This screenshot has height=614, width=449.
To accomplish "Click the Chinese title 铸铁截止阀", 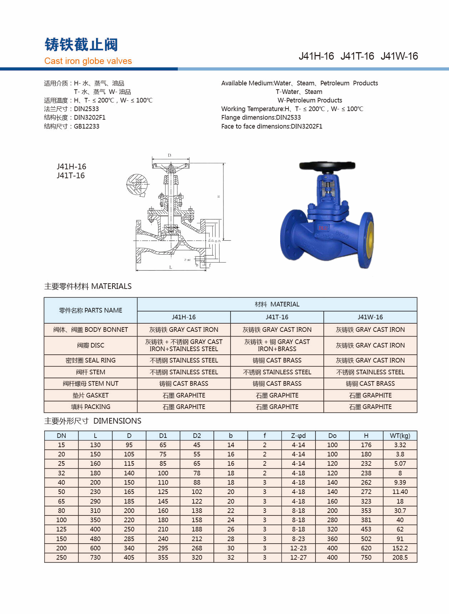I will [x=81, y=45].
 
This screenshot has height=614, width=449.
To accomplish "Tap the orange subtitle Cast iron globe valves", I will [x=88, y=61].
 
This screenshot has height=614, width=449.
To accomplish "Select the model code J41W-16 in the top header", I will [x=399, y=56].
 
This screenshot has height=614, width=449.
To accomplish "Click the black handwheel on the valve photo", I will [x=327, y=166].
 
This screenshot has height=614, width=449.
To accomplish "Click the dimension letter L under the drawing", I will [x=171, y=267].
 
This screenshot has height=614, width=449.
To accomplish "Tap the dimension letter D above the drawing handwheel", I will [x=170, y=155].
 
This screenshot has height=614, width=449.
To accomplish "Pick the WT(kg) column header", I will [x=400, y=435].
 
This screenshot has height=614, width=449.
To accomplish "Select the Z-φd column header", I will [x=298, y=435].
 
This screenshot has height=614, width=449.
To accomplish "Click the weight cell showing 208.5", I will [x=400, y=558].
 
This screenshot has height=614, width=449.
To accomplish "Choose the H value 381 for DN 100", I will [x=366, y=520].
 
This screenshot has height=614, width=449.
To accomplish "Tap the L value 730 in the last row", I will [x=95, y=558].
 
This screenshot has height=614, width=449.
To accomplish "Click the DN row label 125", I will [x=61, y=529].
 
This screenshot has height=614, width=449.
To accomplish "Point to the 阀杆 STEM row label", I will [x=91, y=372].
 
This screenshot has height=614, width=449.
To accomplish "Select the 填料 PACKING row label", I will [x=91, y=407].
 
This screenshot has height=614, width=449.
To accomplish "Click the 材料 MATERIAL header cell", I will [x=277, y=304].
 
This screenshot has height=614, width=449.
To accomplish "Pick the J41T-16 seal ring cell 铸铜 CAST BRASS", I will [x=277, y=360].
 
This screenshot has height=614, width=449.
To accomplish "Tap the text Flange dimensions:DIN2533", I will [x=261, y=118].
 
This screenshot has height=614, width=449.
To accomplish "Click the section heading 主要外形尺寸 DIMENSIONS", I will [x=93, y=421].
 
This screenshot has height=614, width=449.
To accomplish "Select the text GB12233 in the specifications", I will [x=86, y=126].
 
